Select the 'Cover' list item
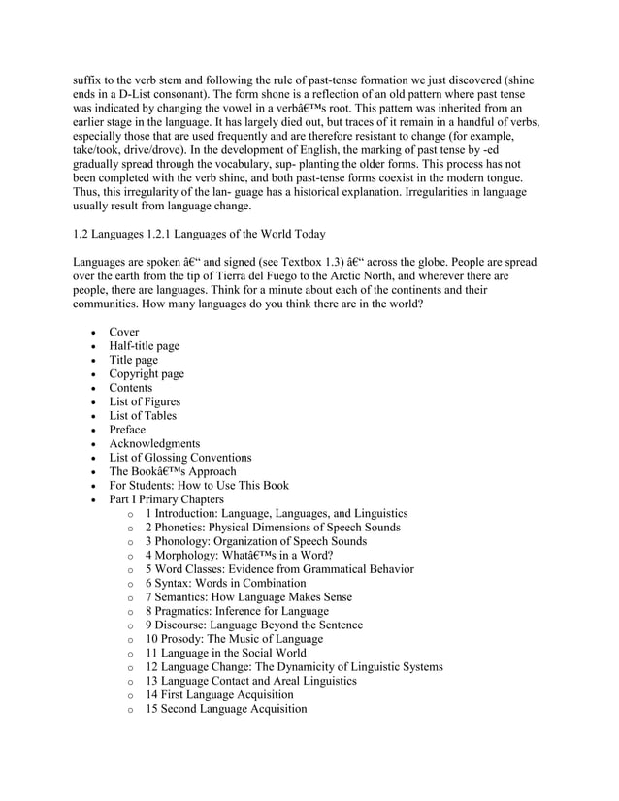tap(124, 332)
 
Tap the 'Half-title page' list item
tap(144, 346)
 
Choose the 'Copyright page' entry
tap(147, 374)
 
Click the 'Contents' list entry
tap(131, 388)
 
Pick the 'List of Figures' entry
tap(145, 401)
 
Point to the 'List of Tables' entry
tap(143, 416)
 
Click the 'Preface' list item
tap(127, 430)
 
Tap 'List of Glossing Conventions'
tap(180, 458)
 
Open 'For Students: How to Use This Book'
tap(199, 485)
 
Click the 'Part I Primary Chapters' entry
tap(166, 499)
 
